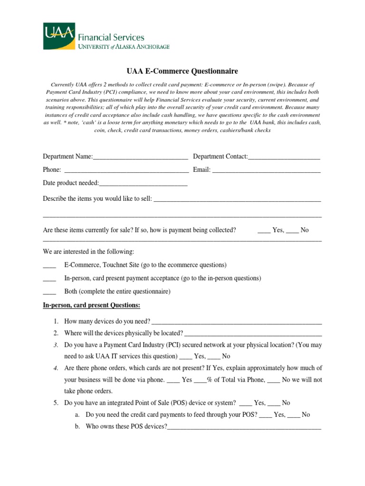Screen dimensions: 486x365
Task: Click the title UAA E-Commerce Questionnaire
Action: click(182, 72)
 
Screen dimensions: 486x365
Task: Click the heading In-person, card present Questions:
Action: click(91, 305)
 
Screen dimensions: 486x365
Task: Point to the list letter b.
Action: click(77, 426)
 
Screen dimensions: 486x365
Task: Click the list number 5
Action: click(56, 403)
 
